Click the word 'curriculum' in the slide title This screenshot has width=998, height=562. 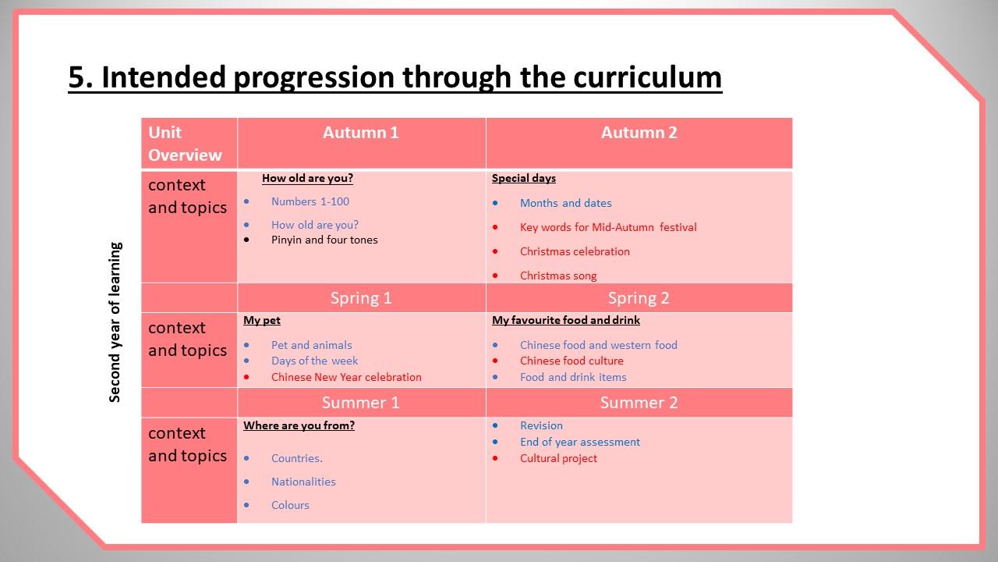click(x=647, y=77)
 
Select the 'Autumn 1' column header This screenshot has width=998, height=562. click(x=361, y=133)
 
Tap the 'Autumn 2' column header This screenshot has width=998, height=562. click(x=639, y=133)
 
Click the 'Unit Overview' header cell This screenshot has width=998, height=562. click(x=185, y=144)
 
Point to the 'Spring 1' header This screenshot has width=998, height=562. click(x=361, y=298)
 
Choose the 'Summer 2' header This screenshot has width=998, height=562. click(x=639, y=402)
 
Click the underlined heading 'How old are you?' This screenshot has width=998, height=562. click(x=307, y=178)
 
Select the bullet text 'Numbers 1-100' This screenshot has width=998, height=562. click(x=310, y=201)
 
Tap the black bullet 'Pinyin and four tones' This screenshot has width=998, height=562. click(x=324, y=240)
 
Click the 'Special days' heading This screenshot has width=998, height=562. click(x=524, y=178)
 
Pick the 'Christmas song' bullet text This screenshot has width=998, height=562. click(x=558, y=276)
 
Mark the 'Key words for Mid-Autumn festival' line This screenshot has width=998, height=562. click(x=608, y=227)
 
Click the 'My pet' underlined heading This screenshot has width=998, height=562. click(x=262, y=320)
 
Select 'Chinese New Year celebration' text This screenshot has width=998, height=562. click(x=346, y=377)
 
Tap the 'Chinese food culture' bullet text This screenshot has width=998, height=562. click(x=572, y=361)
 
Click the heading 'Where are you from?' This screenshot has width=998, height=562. click(x=299, y=425)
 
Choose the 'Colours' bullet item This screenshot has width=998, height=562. click(x=290, y=505)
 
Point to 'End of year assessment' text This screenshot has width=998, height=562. click(x=579, y=442)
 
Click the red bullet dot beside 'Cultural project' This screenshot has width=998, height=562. click(x=495, y=458)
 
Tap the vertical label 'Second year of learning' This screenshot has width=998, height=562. click(x=115, y=322)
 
